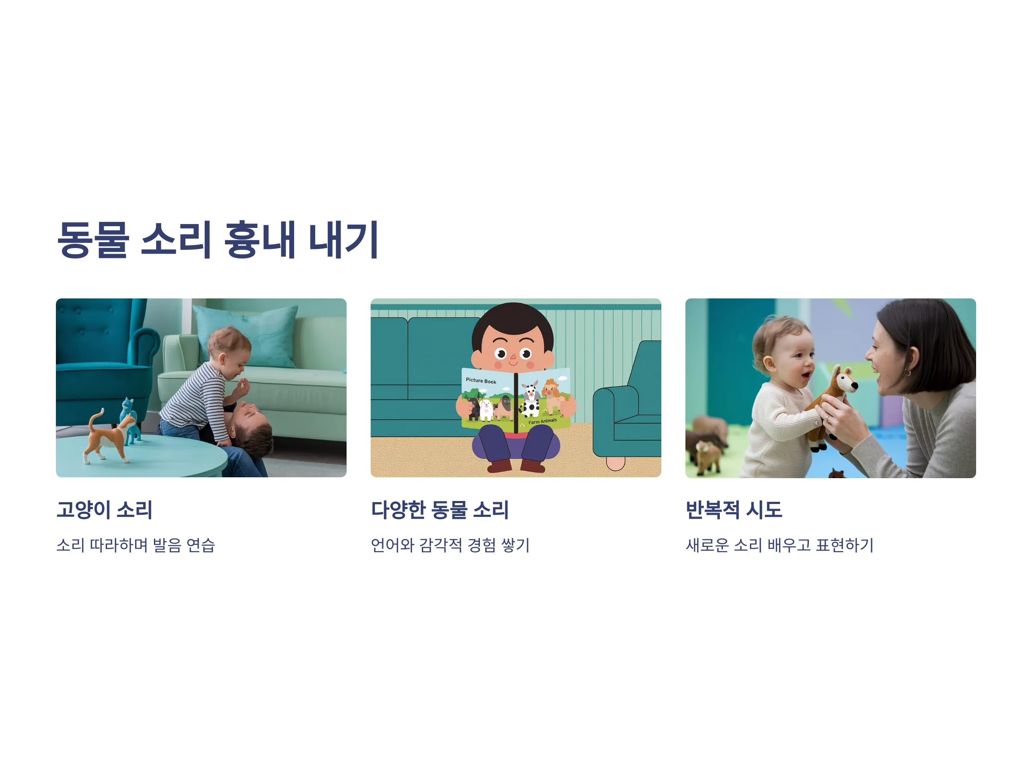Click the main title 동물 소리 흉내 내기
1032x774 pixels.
coord(218,240)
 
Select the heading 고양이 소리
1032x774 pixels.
coord(104,510)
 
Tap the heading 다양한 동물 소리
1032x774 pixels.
coord(439,510)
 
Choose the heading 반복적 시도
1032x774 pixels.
coord(734,510)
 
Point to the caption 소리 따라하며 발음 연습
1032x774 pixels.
coord(136,545)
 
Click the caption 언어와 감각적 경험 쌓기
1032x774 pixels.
coord(450,545)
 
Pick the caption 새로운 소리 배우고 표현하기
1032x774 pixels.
coord(780,545)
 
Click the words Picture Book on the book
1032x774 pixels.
coord(481,381)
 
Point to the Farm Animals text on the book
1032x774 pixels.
coord(543,421)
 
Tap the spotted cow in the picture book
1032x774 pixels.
coord(530,399)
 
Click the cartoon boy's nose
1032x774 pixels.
coord(513,357)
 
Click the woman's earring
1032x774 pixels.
coord(908,373)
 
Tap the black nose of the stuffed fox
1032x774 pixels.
coord(855,386)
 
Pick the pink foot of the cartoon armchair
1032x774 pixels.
coord(615,463)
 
